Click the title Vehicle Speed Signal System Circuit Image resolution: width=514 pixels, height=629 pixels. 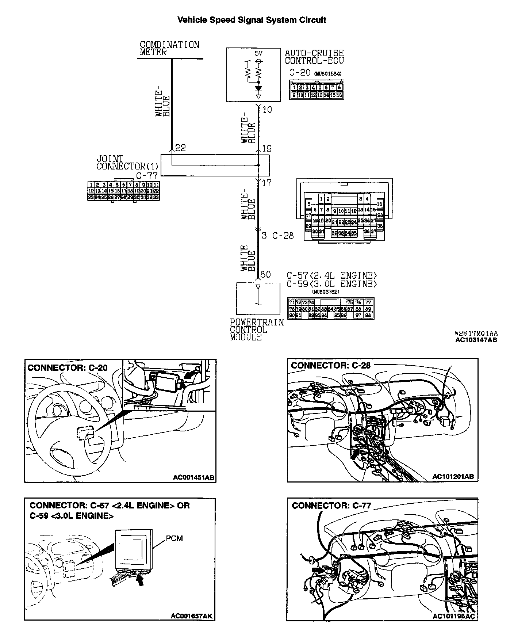click(x=252, y=20)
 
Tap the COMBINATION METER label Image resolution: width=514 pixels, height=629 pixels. click(x=170, y=49)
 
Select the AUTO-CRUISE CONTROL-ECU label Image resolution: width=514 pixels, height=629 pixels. click(x=314, y=57)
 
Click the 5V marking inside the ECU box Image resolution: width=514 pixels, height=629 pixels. click(x=258, y=53)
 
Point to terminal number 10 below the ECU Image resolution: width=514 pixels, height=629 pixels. click(x=267, y=110)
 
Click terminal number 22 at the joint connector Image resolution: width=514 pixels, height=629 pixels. click(x=180, y=148)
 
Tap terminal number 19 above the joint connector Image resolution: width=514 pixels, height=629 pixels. click(x=267, y=149)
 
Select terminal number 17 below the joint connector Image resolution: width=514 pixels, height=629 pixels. click(x=267, y=183)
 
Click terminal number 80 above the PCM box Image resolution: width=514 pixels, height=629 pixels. click(x=266, y=274)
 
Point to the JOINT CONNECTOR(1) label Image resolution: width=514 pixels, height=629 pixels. click(x=127, y=163)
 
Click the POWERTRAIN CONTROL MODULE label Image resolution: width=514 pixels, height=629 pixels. click(x=257, y=330)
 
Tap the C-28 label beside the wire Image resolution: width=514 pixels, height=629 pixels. click(x=283, y=236)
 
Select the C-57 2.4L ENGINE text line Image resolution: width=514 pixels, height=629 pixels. click(x=331, y=275)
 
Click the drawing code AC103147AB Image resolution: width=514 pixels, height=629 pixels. click(x=476, y=340)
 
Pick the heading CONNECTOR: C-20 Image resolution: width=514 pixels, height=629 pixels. click(x=68, y=367)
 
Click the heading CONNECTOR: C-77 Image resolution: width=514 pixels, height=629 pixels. click(x=331, y=506)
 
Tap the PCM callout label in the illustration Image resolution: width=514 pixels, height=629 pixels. click(x=174, y=538)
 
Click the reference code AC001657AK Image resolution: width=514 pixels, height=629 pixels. click(x=192, y=616)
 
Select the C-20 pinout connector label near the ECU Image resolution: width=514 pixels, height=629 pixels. click(x=300, y=72)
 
